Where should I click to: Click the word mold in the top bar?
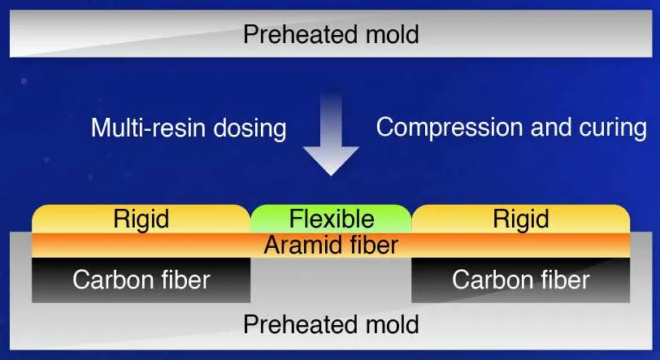pos(393,34)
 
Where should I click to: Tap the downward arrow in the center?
pos(331,135)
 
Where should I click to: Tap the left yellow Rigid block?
pos(141,219)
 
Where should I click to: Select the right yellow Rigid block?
pos(521,219)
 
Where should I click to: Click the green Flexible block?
pos(332,219)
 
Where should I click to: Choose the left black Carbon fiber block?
pos(141,280)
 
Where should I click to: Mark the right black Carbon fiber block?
pos(521,280)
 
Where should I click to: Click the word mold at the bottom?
pos(393,324)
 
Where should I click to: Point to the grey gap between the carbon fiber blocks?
pos(331,280)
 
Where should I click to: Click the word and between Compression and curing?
pos(551,128)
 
